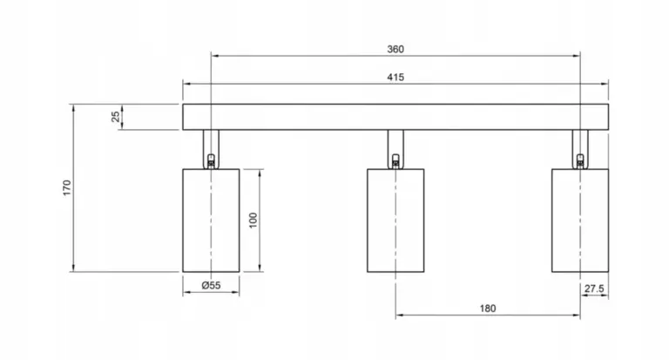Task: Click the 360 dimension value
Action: pos(395,49)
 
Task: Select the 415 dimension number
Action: pos(395,78)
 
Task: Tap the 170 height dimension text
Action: pos(67,188)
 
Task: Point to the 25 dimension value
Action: pos(115,117)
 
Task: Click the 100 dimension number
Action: pos(253,221)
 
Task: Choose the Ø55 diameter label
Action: pos(211,285)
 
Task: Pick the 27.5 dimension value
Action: pos(594,289)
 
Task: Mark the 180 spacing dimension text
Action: pos(488,309)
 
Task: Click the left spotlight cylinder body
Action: pos(211,221)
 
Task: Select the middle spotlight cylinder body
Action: pos(395,221)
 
